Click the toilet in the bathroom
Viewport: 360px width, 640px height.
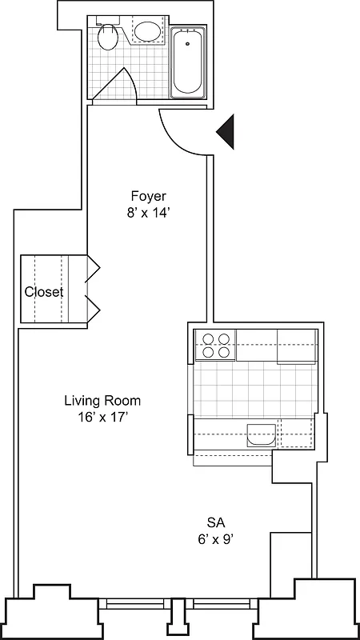107,36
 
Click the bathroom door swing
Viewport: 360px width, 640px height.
120,85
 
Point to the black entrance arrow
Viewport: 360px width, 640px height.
226,131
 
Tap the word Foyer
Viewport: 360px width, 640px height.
148,196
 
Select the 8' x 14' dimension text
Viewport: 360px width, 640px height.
148,213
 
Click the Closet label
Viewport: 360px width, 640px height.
43,292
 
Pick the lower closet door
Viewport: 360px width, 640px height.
93,308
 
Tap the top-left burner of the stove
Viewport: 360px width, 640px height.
207,338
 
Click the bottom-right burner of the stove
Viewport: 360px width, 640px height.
224,352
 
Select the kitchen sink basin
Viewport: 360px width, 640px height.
261,437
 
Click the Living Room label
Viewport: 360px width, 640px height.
102,400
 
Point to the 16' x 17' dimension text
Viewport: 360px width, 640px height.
102,417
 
